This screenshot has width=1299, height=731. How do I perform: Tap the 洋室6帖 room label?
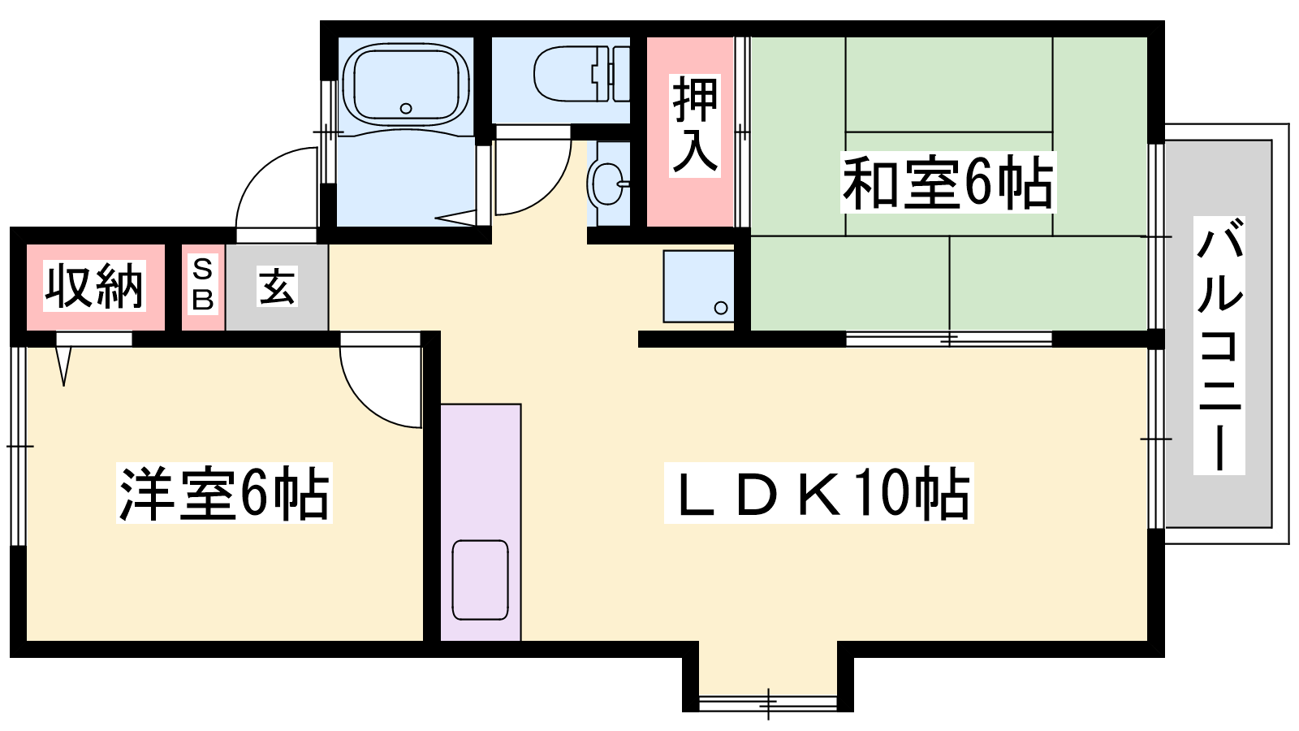coord(224,493)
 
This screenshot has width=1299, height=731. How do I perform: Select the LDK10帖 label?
coord(818,493)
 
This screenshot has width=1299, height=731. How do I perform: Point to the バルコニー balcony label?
coord(1219,345)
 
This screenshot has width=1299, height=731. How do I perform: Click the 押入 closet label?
coord(695,126)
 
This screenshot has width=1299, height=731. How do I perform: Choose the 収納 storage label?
coord(94,287)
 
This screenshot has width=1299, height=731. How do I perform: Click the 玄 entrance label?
coord(277,286)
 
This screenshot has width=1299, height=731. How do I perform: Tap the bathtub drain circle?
coord(406,109)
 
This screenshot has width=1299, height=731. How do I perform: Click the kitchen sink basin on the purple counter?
coord(480,580)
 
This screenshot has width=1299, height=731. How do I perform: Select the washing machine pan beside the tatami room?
coord(699,286)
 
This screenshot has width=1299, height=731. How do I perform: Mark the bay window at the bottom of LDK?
coord(768,703)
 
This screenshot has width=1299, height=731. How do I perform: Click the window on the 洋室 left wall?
coord(19,446)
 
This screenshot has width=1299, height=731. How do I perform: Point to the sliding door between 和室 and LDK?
coord(949,339)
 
